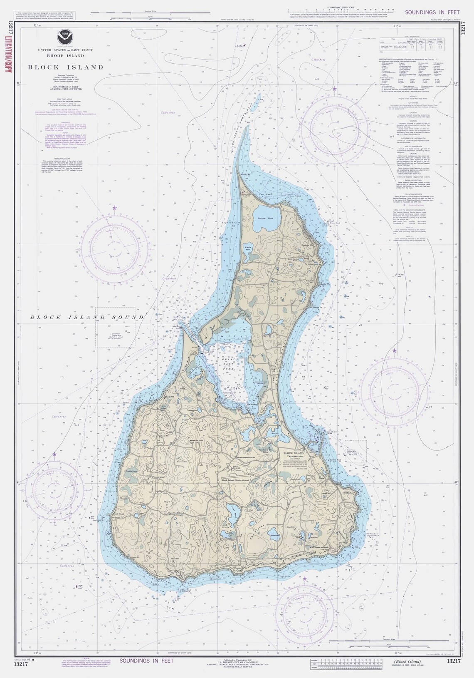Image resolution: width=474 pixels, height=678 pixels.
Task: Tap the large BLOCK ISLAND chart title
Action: tap(65, 67)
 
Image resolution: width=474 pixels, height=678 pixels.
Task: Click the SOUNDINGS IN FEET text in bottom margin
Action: tap(147, 661)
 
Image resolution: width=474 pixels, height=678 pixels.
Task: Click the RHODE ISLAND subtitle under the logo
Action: tap(65, 55)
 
